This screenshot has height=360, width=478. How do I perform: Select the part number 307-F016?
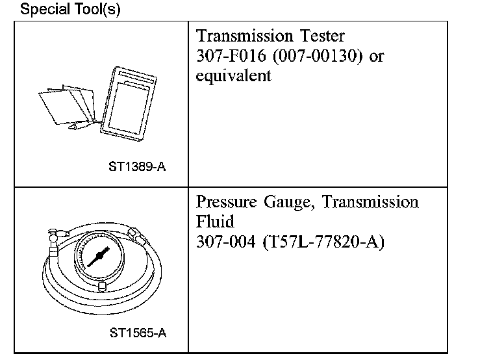224,57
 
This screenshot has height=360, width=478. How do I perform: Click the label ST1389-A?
138,166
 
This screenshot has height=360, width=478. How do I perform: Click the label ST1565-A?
138,333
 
